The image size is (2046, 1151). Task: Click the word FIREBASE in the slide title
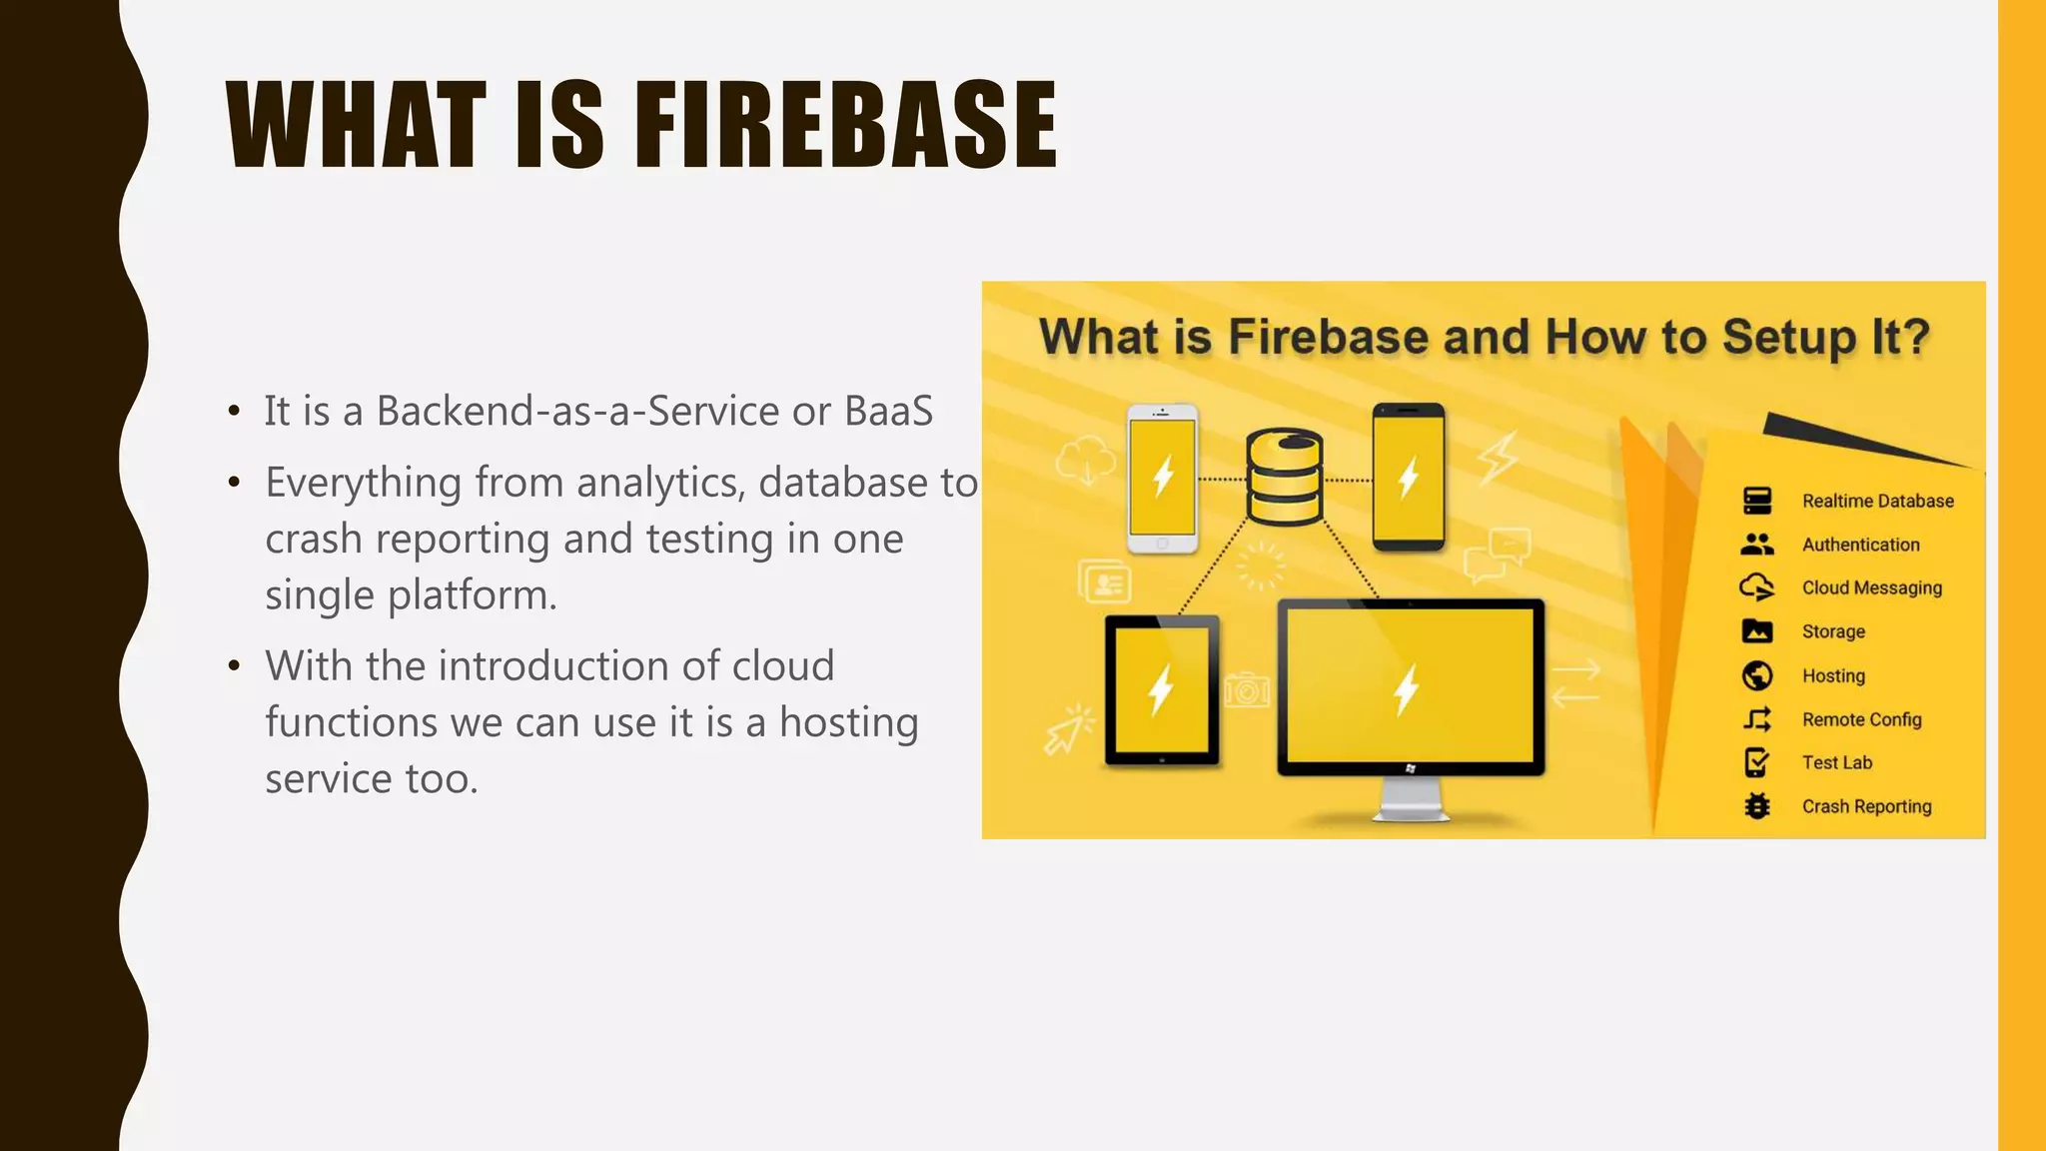(845, 126)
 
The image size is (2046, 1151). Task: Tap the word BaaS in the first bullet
(888, 411)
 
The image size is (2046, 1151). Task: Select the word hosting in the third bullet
(848, 722)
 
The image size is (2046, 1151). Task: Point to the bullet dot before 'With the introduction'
(234, 665)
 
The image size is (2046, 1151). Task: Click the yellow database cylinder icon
(1285, 478)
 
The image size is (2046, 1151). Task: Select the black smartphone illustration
(1408, 478)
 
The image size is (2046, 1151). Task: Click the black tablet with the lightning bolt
(1162, 689)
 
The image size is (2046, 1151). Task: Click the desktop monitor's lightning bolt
(1407, 689)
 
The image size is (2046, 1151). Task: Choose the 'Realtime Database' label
(1877, 502)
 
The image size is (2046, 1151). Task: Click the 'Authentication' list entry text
(1860, 545)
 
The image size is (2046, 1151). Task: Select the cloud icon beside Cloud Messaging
(1756, 587)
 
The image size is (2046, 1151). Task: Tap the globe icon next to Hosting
(1757, 675)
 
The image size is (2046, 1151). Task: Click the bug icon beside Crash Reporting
(1757, 806)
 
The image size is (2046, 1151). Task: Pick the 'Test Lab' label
(1836, 762)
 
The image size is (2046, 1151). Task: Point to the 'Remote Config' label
(1861, 719)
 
